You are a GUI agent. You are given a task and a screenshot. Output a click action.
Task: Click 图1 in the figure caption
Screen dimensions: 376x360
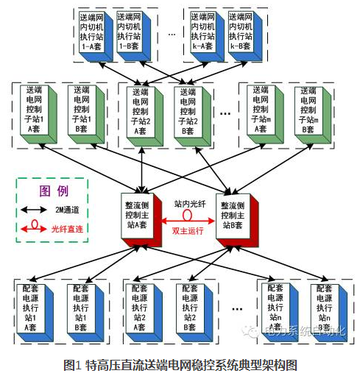tap(71, 364)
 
